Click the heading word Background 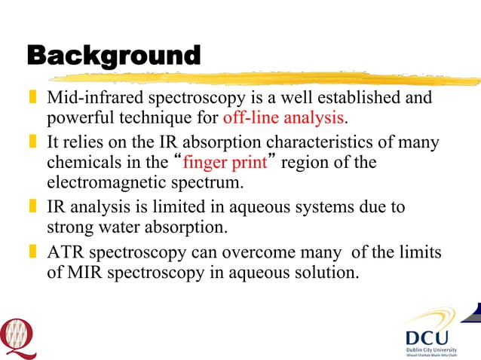[114, 56]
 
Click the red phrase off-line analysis [283, 119]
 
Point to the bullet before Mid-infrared [32, 99]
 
